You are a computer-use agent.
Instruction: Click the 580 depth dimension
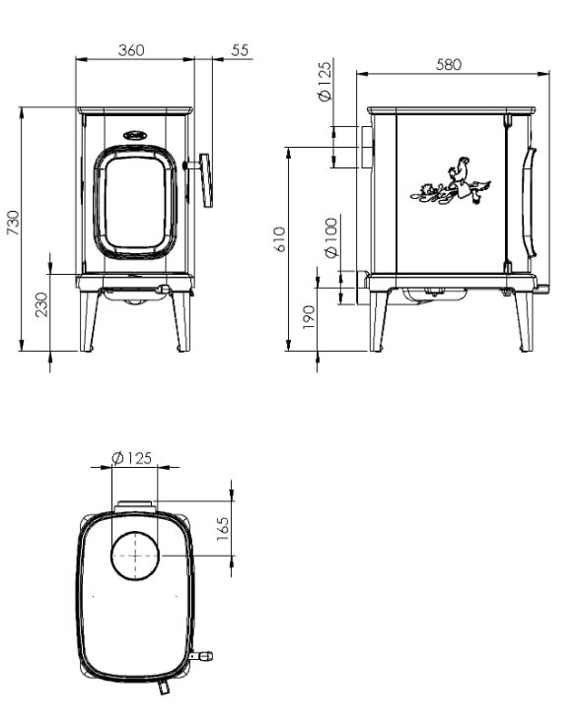(448, 64)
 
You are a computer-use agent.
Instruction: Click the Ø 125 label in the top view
(133, 457)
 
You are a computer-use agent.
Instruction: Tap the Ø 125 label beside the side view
(324, 82)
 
